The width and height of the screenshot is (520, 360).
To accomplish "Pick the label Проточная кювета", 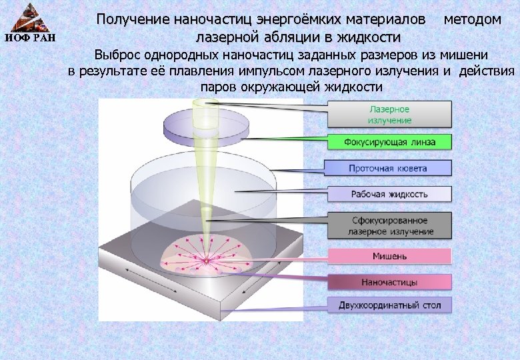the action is [389, 168].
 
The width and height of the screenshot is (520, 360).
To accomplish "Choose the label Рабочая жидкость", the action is [389, 194].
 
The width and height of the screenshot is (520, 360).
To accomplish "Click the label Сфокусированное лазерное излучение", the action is [389, 225].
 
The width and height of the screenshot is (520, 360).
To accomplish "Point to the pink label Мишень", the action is [389, 256].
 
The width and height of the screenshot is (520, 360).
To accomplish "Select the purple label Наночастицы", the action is [389, 282].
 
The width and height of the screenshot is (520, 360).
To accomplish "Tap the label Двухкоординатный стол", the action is [389, 306].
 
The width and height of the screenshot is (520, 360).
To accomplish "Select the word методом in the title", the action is [472, 19].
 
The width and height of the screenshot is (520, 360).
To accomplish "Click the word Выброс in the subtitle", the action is [119, 55].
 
